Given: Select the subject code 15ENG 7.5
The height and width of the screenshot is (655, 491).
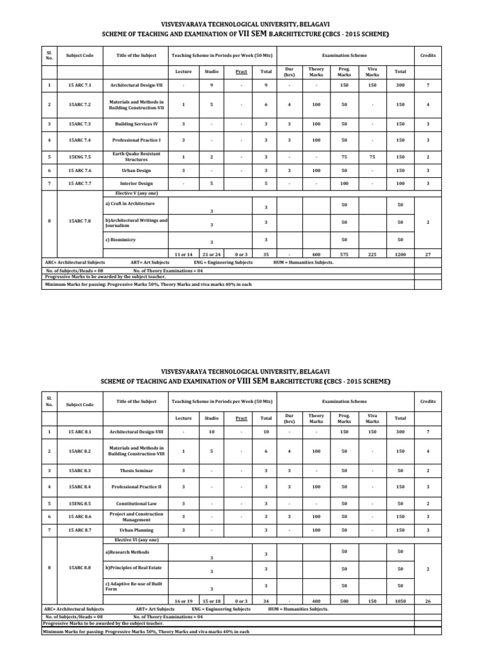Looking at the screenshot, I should (79, 156).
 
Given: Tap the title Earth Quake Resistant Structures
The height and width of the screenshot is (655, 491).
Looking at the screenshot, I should (136, 156).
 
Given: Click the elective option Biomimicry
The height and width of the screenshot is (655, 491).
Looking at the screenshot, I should (122, 239).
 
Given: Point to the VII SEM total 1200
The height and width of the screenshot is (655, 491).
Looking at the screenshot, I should (400, 254).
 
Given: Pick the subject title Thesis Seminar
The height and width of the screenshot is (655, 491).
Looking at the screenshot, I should (136, 470).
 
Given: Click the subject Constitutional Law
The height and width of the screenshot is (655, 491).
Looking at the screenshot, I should (136, 503).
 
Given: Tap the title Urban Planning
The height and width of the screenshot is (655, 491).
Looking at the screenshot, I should (136, 530).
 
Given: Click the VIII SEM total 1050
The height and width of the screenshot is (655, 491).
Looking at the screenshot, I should (400, 601).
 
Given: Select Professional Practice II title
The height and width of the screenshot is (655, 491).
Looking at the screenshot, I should (136, 487).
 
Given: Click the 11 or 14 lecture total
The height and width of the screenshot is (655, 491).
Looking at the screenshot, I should (183, 254).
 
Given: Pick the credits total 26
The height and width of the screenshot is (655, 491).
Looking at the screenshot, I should (428, 601).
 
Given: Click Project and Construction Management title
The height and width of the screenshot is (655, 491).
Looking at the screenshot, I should (136, 516).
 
